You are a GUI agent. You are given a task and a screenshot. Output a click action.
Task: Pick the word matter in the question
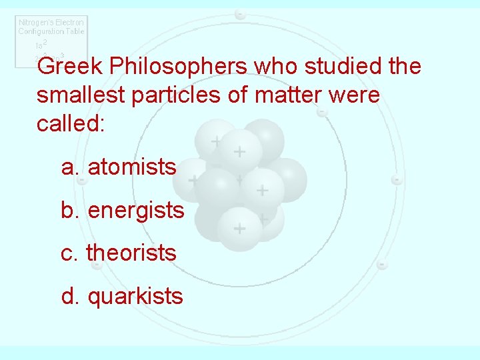click(283, 95)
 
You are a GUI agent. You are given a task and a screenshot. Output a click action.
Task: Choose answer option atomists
click(132, 167)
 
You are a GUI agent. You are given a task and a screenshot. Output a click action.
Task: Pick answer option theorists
click(131, 253)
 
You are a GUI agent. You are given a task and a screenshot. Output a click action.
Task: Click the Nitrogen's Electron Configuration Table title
click(51, 27)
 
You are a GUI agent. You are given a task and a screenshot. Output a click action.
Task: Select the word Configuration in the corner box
click(42, 31)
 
